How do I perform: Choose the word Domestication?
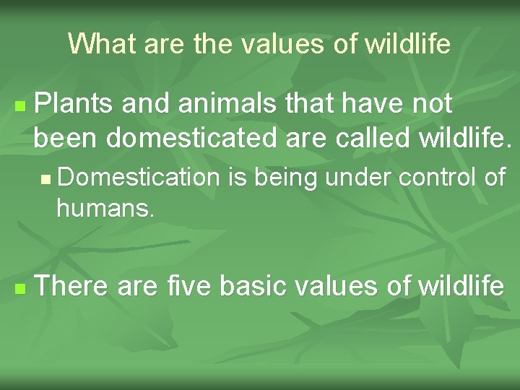(x=138, y=178)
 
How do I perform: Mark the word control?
(x=435, y=178)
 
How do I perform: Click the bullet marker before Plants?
(x=19, y=106)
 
